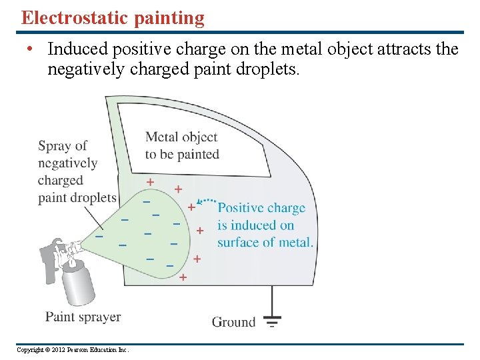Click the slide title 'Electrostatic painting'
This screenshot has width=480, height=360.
coord(113,18)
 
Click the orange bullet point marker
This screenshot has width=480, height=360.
coord(30,49)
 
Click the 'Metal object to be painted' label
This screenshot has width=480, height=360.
coord(182,145)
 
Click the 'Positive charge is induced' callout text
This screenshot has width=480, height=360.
coord(265,225)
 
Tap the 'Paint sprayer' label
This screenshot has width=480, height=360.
coord(83,317)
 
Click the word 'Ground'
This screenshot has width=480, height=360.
coord(233,322)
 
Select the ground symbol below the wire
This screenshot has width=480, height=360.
coord(272,321)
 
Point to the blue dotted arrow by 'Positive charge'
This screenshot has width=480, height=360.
coord(207,200)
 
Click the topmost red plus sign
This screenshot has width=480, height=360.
coord(150,181)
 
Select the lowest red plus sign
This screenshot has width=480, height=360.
coord(183,276)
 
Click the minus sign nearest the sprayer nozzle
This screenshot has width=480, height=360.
coord(99,236)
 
